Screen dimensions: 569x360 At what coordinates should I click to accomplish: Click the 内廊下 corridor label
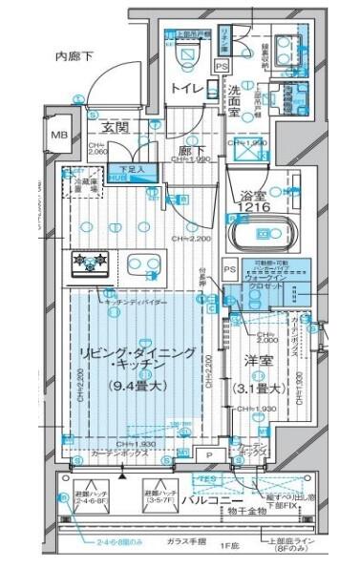pos(74,57)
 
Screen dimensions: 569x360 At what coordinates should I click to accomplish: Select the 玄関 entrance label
pos(116,127)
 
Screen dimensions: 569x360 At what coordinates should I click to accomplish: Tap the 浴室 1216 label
pos(254,200)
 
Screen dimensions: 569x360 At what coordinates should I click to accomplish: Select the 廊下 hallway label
pos(185,151)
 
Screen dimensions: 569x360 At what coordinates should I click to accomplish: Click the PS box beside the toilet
pos(222,66)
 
